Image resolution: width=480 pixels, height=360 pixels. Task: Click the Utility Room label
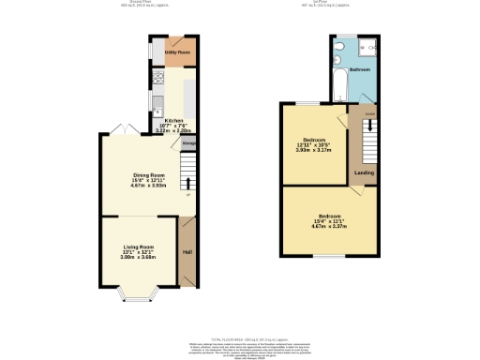coord(177,53)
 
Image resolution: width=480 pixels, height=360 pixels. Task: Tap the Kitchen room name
coord(174,121)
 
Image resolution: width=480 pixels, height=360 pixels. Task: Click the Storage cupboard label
coord(188,143)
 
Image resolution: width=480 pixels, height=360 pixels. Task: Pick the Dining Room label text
coord(148,175)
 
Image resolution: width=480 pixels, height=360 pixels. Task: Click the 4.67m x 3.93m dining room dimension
coord(148,186)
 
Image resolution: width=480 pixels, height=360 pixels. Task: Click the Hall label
coord(187,251)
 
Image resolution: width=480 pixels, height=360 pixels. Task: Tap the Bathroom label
coord(360,70)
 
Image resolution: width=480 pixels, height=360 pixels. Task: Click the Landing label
coord(363,172)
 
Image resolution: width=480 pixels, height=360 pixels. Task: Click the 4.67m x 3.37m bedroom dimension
coord(329,226)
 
